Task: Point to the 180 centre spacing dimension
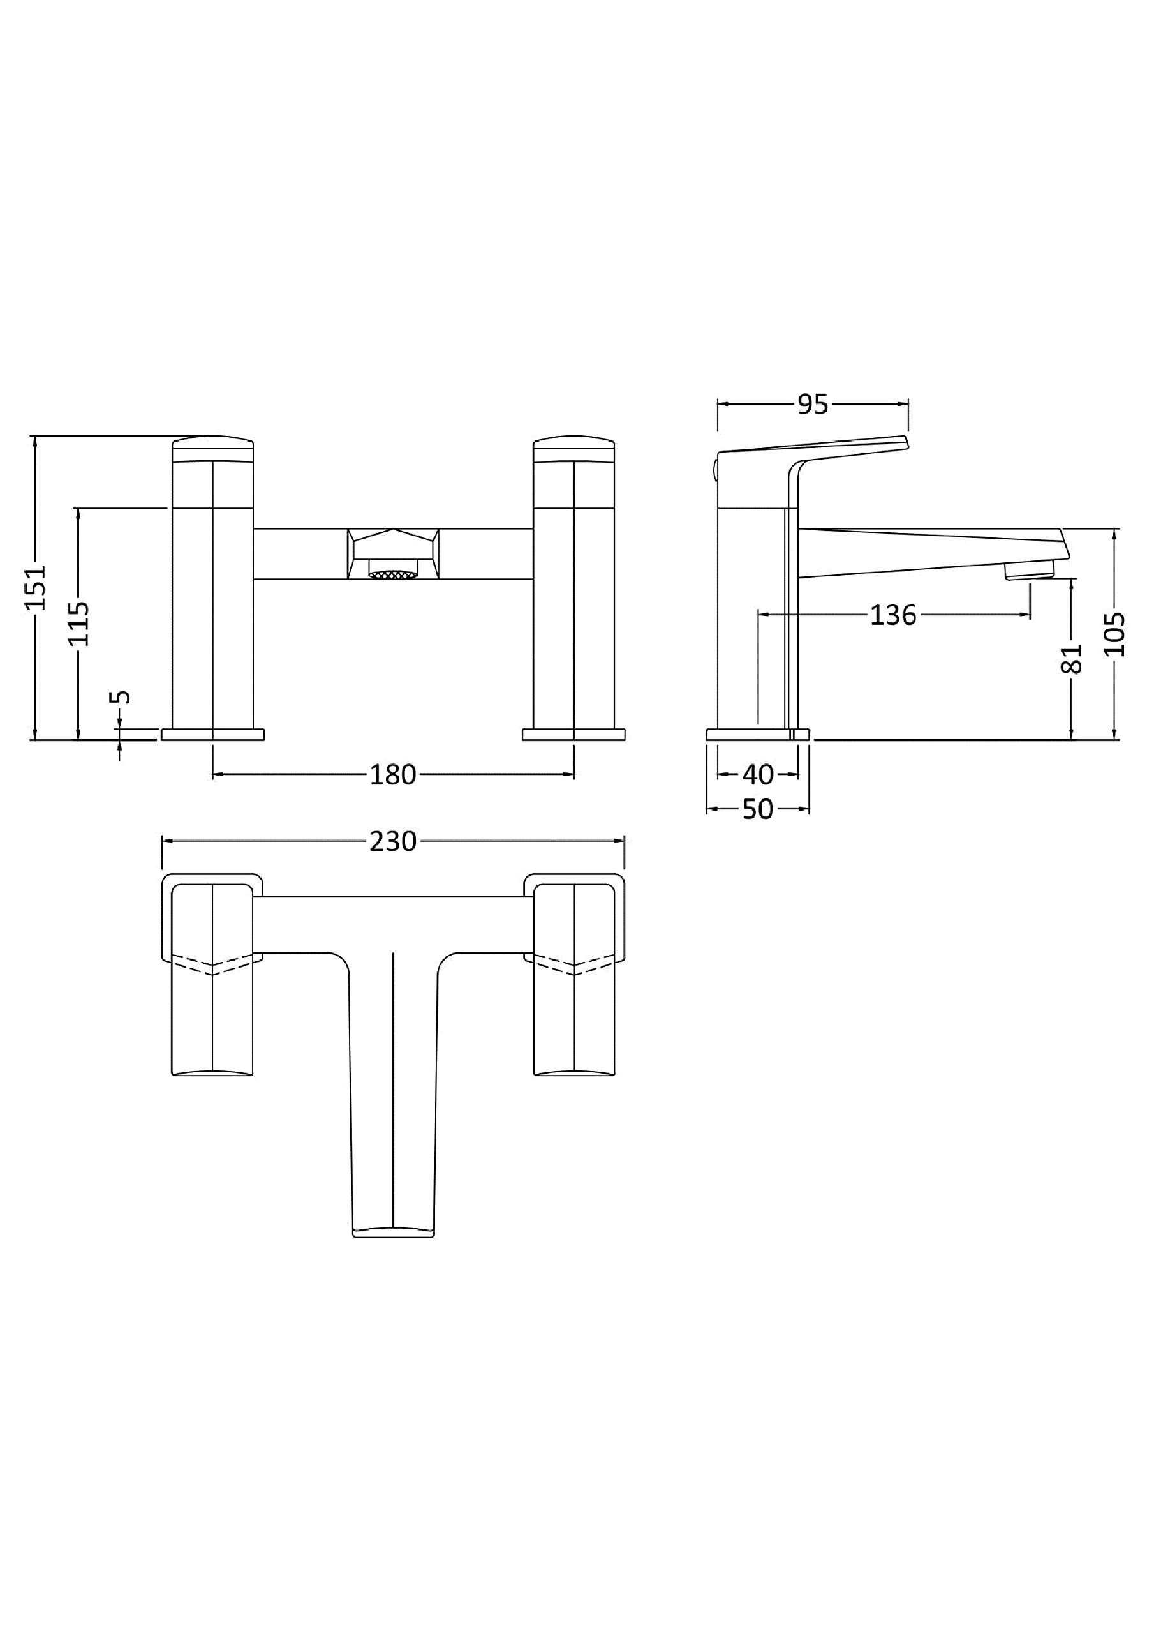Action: (393, 774)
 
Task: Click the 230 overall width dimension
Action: (393, 841)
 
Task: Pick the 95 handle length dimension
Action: (813, 404)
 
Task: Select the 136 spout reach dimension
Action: (893, 615)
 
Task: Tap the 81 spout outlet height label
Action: (1072, 657)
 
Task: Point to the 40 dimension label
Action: (758, 774)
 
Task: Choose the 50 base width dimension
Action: (758, 809)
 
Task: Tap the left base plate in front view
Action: (212, 734)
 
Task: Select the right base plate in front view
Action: (573, 734)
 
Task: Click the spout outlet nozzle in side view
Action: (1029, 569)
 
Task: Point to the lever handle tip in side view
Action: (906, 442)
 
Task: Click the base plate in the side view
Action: (758, 734)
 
